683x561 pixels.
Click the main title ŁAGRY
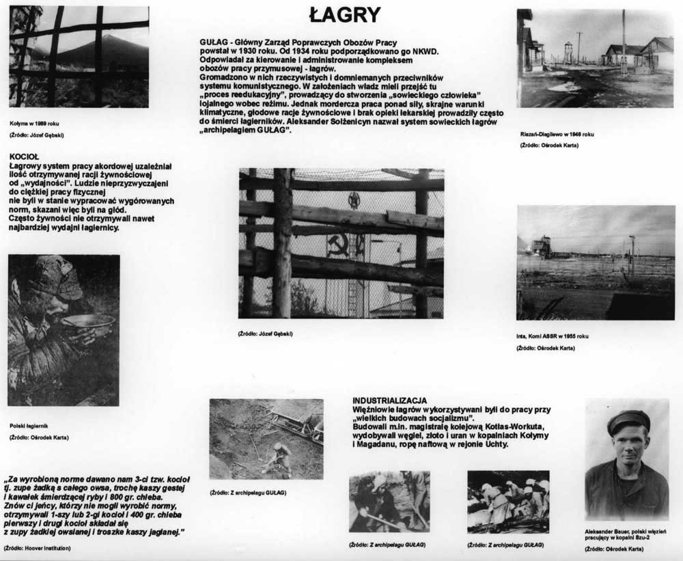(x=344, y=14)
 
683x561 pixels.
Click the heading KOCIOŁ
(x=25, y=156)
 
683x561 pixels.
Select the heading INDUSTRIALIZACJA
(x=390, y=400)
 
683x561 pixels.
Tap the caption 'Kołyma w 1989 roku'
(x=34, y=123)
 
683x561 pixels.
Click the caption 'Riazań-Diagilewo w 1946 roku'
(x=557, y=134)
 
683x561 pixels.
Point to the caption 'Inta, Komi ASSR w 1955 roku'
(x=552, y=336)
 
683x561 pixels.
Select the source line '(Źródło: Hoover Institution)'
(x=38, y=548)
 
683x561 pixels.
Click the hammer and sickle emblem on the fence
(x=338, y=243)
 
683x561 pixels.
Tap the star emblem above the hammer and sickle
(x=354, y=200)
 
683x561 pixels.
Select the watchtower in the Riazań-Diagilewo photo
(x=568, y=51)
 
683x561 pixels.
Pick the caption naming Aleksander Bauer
(x=625, y=535)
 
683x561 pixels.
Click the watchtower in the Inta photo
(x=542, y=246)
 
